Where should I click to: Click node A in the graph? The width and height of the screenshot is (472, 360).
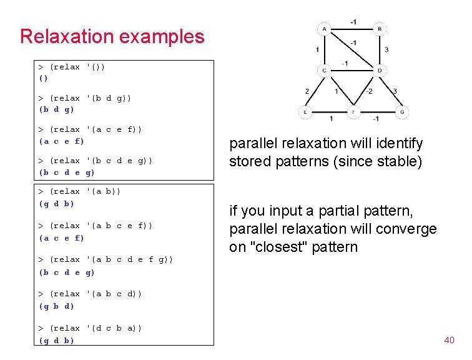pyautogui.click(x=325, y=29)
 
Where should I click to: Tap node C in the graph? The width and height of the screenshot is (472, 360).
pyautogui.click(x=325, y=70)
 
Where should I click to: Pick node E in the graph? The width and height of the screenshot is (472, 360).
pyautogui.click(x=305, y=112)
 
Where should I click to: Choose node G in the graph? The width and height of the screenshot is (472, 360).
pyautogui.click(x=401, y=112)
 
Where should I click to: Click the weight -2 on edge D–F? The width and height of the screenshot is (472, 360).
pyautogui.click(x=369, y=91)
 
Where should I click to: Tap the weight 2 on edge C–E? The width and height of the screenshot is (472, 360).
pyautogui.click(x=307, y=91)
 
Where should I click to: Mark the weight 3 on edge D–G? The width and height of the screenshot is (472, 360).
pyautogui.click(x=395, y=91)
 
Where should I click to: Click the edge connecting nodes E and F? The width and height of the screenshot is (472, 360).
pyautogui.click(x=329, y=112)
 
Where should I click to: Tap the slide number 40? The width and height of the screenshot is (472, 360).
pyautogui.click(x=449, y=340)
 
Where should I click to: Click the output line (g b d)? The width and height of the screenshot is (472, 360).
pyautogui.click(x=56, y=306)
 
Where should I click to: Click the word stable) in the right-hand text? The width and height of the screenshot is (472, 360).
pyautogui.click(x=398, y=162)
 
